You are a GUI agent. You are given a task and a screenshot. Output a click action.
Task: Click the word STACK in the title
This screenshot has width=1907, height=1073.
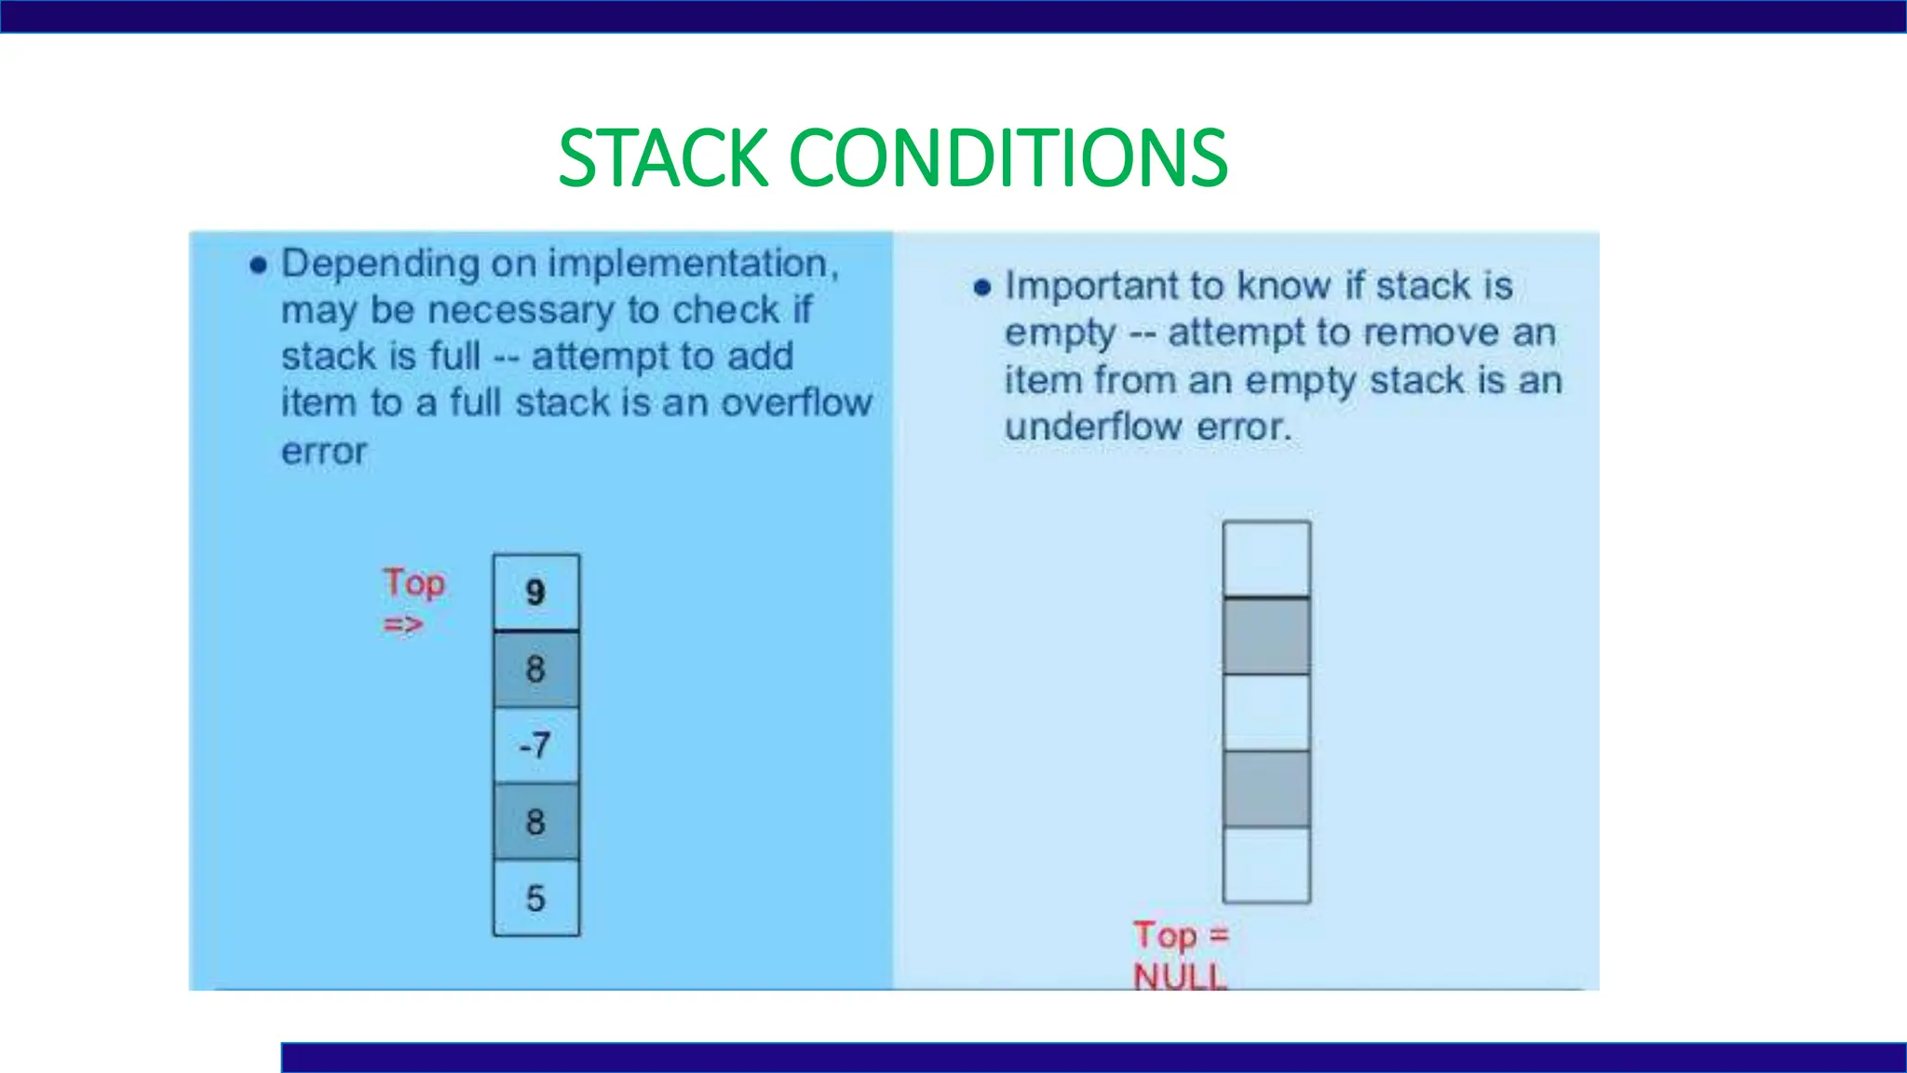[x=664, y=157]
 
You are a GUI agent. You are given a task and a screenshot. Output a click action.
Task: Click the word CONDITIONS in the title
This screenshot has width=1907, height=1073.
[x=1008, y=157]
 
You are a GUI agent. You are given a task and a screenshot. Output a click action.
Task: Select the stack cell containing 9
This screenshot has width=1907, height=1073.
[x=535, y=592]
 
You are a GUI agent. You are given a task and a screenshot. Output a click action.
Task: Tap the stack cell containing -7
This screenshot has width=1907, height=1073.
[x=535, y=745]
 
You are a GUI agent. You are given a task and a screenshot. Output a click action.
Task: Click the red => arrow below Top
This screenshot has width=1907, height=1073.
[x=403, y=624]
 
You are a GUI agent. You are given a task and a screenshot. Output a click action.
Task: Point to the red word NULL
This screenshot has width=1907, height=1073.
[x=1180, y=976]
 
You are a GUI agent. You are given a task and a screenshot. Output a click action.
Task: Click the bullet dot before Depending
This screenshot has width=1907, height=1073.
[x=259, y=266]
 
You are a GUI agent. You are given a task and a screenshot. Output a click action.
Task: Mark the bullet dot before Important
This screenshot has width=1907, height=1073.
[x=981, y=288]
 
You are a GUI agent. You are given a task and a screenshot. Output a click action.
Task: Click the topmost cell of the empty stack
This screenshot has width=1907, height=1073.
[x=1266, y=558]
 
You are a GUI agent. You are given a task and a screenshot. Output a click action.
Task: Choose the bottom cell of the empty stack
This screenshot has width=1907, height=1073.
[x=1266, y=865]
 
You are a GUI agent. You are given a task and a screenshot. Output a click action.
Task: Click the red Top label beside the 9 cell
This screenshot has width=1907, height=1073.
[x=414, y=584]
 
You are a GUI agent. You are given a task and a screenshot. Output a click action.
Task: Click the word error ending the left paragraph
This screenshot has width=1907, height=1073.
[x=324, y=452]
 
